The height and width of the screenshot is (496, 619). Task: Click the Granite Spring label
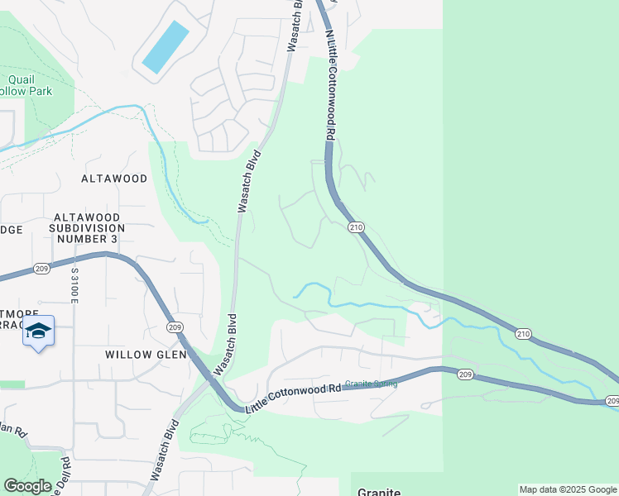click(x=371, y=384)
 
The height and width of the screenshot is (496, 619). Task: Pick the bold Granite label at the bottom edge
click(x=379, y=492)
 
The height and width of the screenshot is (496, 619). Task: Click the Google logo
click(x=27, y=485)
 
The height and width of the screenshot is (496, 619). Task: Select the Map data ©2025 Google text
click(x=568, y=489)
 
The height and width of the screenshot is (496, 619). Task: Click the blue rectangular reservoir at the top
click(x=165, y=46)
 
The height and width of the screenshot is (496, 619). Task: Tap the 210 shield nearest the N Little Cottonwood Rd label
click(x=356, y=227)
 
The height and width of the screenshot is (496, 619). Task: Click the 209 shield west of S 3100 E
click(x=44, y=268)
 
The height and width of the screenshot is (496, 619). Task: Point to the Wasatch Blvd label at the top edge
click(x=294, y=26)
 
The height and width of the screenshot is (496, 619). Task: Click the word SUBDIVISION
click(x=86, y=227)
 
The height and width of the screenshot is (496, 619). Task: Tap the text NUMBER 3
click(x=86, y=239)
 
